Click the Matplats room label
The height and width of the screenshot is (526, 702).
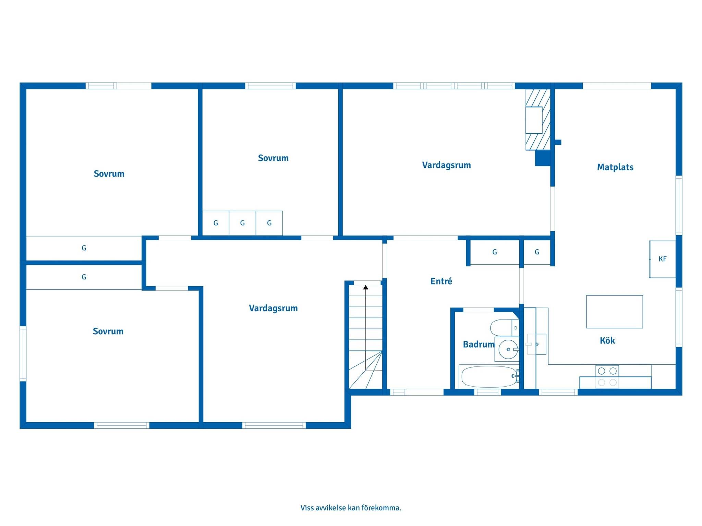(x=615, y=167)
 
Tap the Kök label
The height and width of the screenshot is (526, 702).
(x=607, y=340)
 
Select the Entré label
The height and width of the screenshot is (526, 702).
(x=441, y=281)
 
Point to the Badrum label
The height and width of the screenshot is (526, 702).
(x=479, y=344)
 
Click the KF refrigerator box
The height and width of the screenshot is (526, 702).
(x=662, y=259)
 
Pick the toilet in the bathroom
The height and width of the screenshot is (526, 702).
(x=505, y=328)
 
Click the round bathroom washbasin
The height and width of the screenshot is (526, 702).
(x=508, y=349)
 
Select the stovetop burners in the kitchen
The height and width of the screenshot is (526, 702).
(x=607, y=376)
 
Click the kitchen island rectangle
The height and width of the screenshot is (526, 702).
(x=614, y=312)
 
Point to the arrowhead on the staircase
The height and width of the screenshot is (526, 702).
(x=366, y=287)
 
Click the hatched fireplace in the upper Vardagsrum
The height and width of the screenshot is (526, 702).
(x=537, y=120)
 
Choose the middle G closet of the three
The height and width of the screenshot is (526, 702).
(x=242, y=223)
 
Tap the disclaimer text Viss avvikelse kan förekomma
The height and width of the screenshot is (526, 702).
(x=351, y=508)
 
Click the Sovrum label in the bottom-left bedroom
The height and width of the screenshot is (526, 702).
(x=108, y=331)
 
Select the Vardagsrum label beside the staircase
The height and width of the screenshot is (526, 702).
(x=273, y=308)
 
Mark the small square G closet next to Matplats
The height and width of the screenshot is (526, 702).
(x=537, y=252)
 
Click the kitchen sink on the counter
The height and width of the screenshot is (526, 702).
(x=536, y=344)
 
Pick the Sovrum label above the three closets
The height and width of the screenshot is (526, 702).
(x=273, y=158)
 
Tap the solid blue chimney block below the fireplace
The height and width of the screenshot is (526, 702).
(x=543, y=159)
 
